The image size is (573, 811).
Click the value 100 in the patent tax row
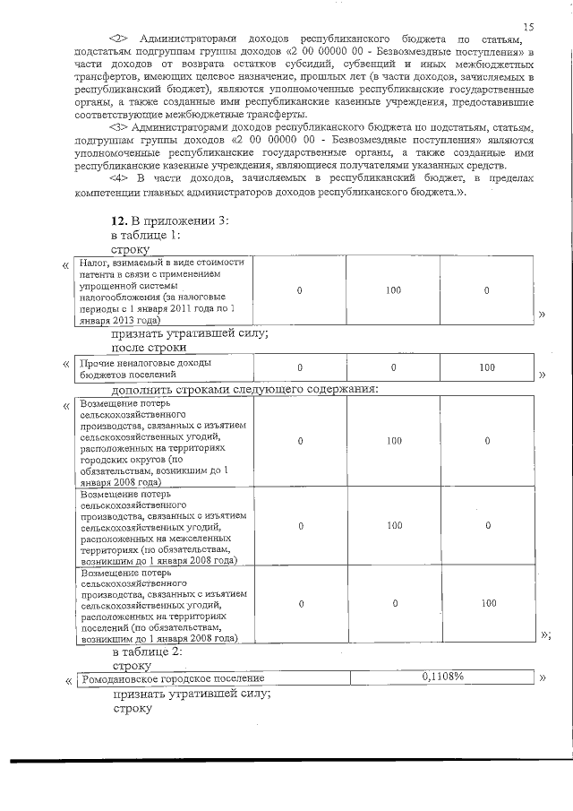(x=393, y=291)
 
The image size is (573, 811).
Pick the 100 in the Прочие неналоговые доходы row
(x=487, y=367)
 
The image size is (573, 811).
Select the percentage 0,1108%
(x=441, y=677)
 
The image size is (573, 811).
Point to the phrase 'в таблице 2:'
(x=146, y=651)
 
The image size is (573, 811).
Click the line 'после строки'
(x=149, y=347)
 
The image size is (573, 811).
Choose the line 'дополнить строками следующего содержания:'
(x=244, y=388)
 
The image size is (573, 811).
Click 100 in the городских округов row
(x=393, y=441)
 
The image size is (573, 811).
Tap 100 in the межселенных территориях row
(x=393, y=525)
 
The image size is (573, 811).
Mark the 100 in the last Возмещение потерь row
(x=487, y=603)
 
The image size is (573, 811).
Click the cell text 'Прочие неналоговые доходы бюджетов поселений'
(x=145, y=368)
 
